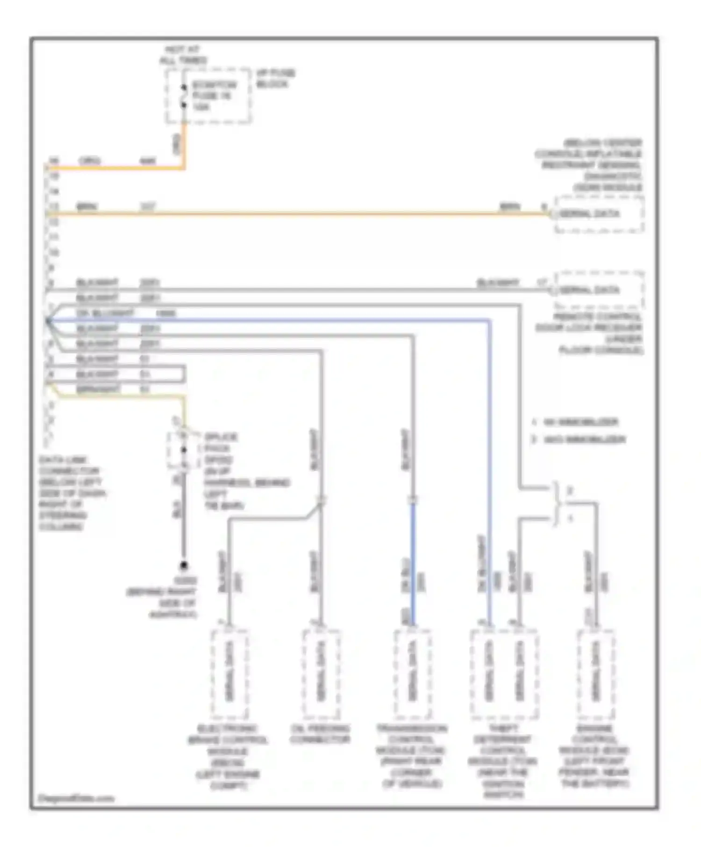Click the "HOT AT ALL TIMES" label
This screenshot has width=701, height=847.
coord(183,55)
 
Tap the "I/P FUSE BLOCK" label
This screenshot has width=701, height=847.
coord(275,78)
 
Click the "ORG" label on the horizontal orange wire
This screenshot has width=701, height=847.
coord(89,161)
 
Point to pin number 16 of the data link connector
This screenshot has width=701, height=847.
coord(54,161)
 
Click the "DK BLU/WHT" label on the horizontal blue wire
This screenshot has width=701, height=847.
coord(105,313)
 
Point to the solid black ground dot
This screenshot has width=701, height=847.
coord(184,565)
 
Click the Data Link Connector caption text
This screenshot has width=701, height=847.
coord(71,493)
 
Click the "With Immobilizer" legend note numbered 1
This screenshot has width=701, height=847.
coord(576,423)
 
